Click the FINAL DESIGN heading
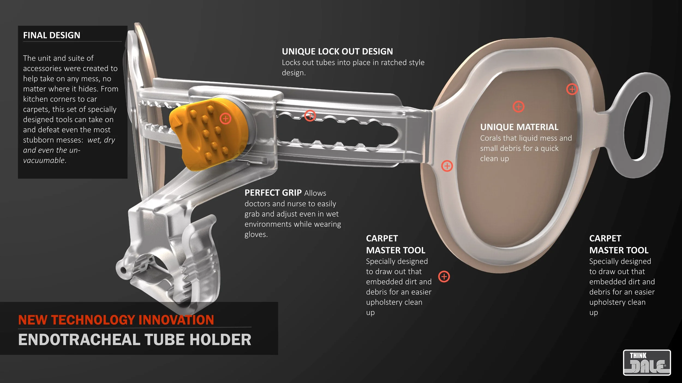(x=52, y=35)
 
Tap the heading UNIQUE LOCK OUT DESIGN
(x=337, y=51)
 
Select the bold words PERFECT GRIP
(x=273, y=193)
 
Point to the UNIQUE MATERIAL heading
(x=519, y=127)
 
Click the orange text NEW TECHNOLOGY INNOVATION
(x=116, y=320)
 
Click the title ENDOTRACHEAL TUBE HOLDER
(x=134, y=340)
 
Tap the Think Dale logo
(x=647, y=363)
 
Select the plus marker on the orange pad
(x=225, y=119)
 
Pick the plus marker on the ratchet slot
(x=310, y=116)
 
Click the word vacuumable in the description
(x=44, y=160)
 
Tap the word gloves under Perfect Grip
(x=256, y=235)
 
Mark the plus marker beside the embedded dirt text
(x=444, y=276)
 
